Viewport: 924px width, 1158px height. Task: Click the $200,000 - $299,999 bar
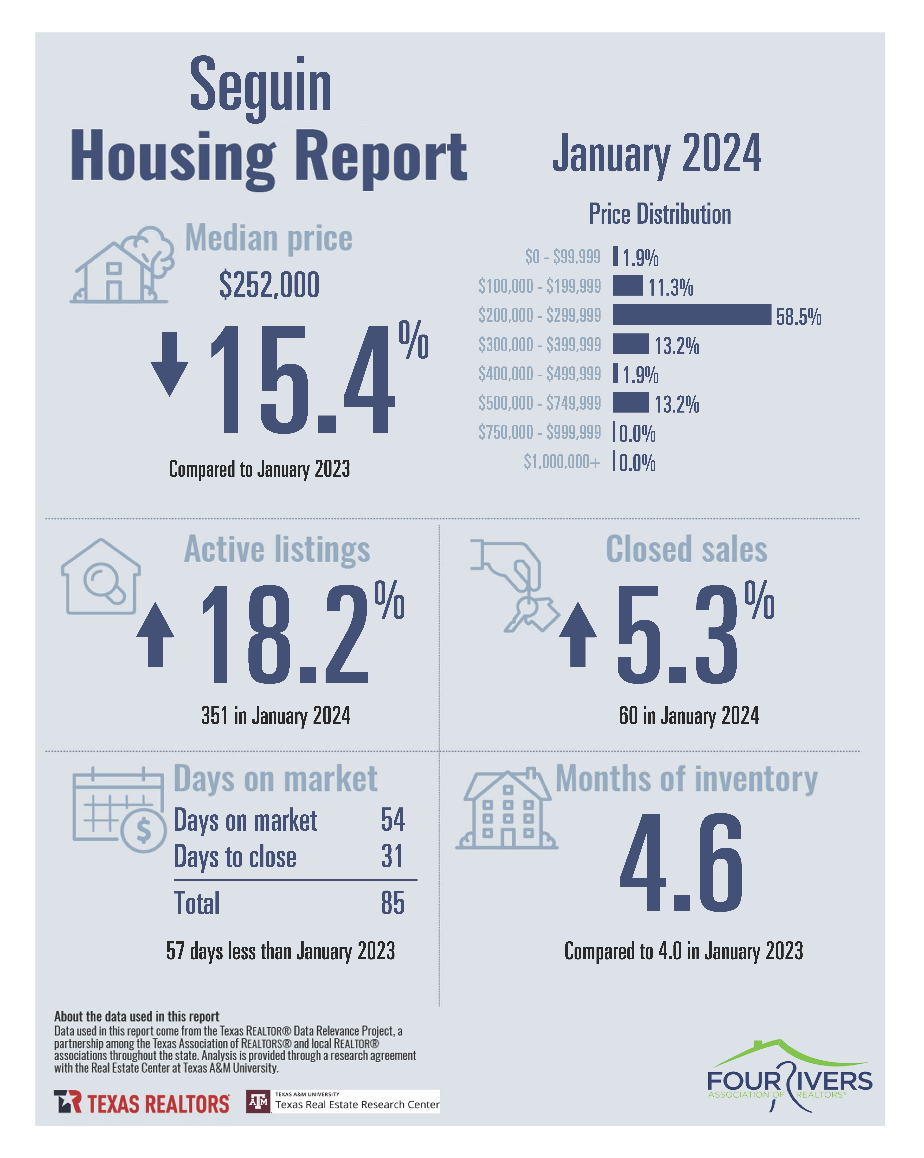[692, 315]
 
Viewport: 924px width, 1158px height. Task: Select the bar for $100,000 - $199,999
[628, 285]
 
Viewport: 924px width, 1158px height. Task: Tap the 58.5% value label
[798, 317]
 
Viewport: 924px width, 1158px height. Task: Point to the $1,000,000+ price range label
[562, 461]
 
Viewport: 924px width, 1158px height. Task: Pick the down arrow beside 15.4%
[170, 364]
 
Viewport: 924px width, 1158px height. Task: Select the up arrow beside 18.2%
[155, 634]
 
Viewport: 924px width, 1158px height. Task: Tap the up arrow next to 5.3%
[578, 634]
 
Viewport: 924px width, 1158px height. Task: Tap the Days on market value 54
[392, 820]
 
